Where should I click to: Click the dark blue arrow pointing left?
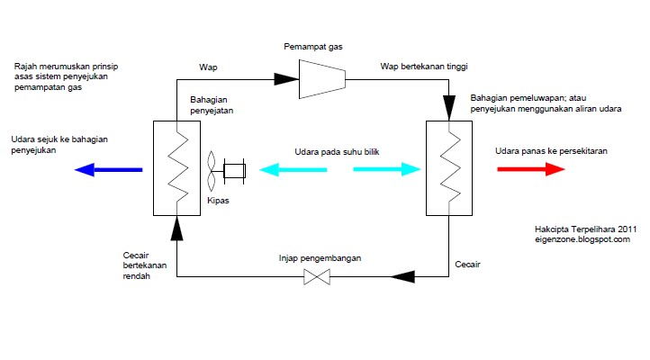(x=108, y=169)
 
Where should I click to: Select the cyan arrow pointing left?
(x=293, y=169)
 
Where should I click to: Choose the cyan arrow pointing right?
(x=387, y=169)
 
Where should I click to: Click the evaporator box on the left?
(x=176, y=169)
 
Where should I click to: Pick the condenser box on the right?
(x=448, y=169)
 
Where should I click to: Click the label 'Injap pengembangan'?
(x=319, y=258)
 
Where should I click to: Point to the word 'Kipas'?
(x=220, y=201)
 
